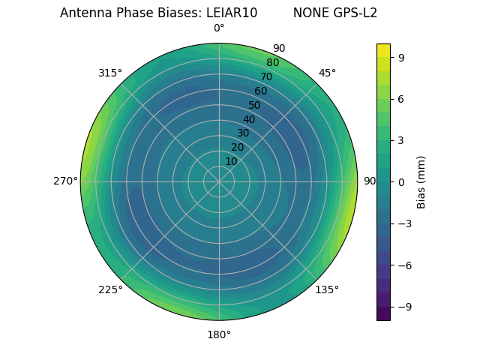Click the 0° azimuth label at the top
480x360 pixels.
(x=219, y=28)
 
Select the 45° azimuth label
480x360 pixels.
(x=327, y=73)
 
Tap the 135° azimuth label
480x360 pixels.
(x=327, y=289)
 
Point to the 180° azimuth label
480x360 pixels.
(x=219, y=334)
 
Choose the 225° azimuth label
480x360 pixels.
(x=110, y=289)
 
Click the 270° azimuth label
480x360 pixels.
(x=65, y=181)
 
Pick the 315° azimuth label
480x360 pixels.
(x=110, y=73)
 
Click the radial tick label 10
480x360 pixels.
(x=231, y=161)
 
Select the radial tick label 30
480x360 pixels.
(x=243, y=133)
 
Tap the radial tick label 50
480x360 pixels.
(x=255, y=106)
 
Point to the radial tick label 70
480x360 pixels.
(x=266, y=76)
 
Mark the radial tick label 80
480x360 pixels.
(x=272, y=63)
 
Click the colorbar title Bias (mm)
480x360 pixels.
(x=421, y=181)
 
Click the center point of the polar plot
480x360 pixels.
(x=219, y=181)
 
